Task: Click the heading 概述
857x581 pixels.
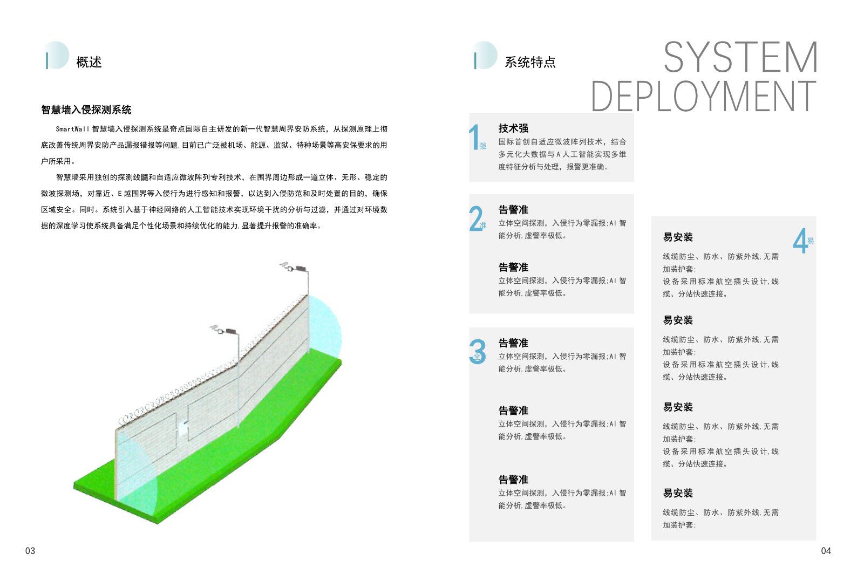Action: pyautogui.click(x=89, y=62)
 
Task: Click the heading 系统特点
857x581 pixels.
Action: pyautogui.click(x=530, y=62)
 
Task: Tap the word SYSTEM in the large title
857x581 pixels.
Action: pyautogui.click(x=740, y=57)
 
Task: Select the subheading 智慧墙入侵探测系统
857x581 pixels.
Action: pyautogui.click(x=86, y=110)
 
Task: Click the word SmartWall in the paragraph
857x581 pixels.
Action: pyautogui.click(x=72, y=129)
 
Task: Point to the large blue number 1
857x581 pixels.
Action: pyautogui.click(x=474, y=136)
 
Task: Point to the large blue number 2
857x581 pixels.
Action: pyautogui.click(x=475, y=218)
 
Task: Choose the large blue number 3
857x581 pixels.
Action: pyautogui.click(x=478, y=352)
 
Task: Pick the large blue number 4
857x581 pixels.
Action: pyautogui.click(x=800, y=241)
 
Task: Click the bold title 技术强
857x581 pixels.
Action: pyautogui.click(x=513, y=128)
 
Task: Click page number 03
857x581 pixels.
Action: pyautogui.click(x=30, y=551)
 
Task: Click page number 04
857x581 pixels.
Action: pyautogui.click(x=826, y=551)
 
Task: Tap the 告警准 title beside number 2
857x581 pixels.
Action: pyautogui.click(x=513, y=210)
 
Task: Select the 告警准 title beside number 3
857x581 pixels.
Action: pyautogui.click(x=513, y=343)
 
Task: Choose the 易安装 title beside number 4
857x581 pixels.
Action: pyautogui.click(x=678, y=237)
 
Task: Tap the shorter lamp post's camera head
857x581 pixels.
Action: pyautogui.click(x=224, y=330)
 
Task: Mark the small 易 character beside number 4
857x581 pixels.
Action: pyautogui.click(x=811, y=241)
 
